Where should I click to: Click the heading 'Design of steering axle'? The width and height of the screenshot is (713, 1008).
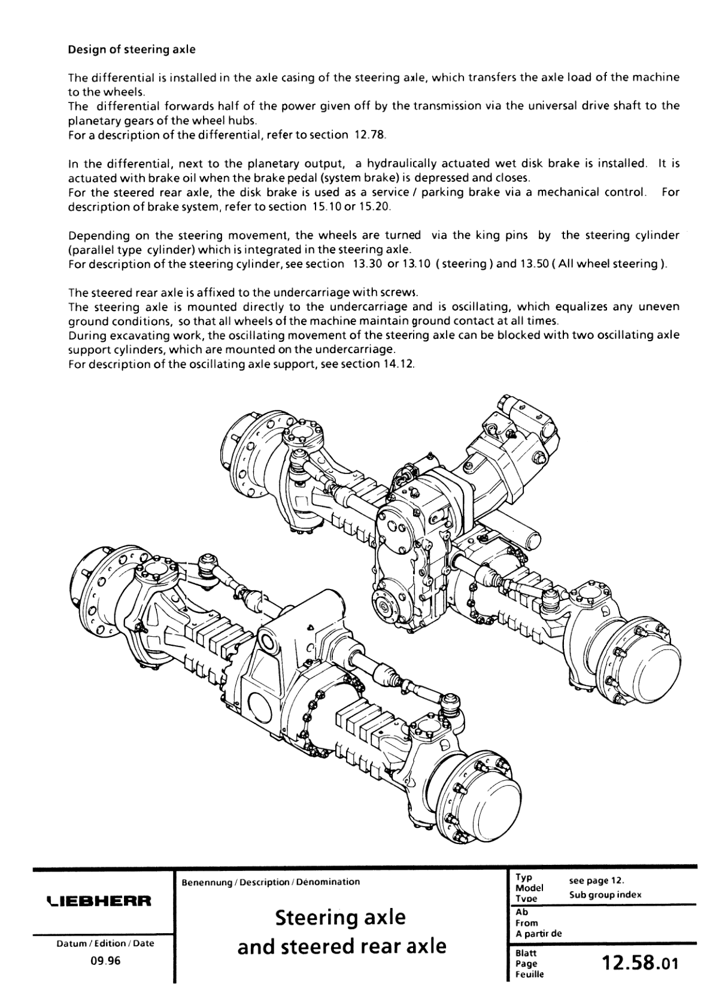[132, 50]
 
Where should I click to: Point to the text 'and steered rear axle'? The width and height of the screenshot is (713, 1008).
[342, 946]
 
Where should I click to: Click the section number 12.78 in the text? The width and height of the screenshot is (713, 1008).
[369, 135]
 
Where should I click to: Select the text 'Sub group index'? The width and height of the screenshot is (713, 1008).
[605, 895]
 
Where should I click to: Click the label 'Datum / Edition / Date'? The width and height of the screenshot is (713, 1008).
[105, 943]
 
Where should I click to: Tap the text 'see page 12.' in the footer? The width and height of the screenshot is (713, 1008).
[597, 881]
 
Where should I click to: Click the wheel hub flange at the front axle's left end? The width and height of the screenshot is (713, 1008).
[96, 590]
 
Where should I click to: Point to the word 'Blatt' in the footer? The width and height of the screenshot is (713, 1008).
[526, 953]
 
